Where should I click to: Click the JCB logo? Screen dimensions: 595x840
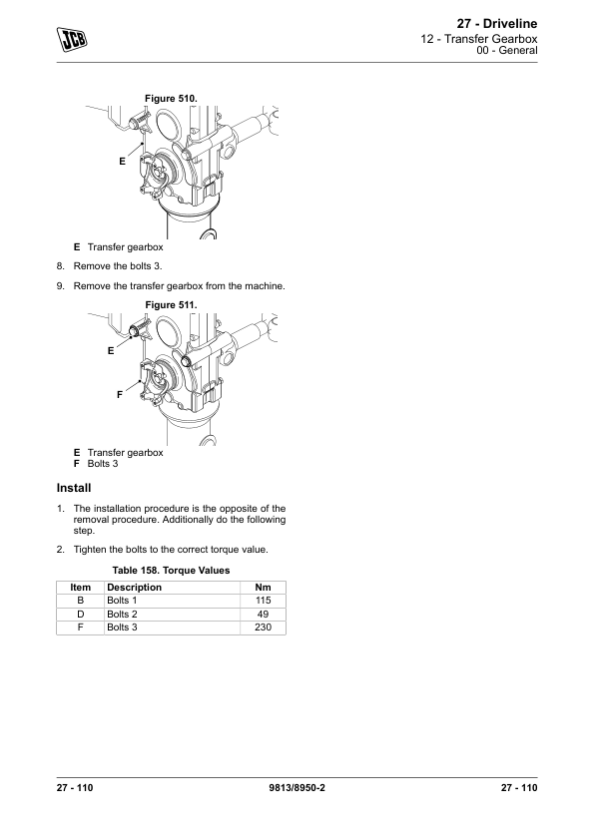pos(72,39)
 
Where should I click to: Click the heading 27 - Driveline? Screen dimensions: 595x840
pos(497,24)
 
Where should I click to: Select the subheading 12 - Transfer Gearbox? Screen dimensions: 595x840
pos(478,39)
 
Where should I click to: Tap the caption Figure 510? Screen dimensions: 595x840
pos(171,99)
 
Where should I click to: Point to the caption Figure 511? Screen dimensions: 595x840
pos(171,305)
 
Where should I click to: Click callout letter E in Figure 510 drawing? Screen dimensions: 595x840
pos(122,162)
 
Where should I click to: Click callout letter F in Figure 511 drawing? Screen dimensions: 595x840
pos(120,395)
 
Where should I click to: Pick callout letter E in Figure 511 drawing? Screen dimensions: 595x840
pos(111,351)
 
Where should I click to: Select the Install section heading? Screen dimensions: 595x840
pos(74,488)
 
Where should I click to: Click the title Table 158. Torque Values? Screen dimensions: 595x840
pos(171,571)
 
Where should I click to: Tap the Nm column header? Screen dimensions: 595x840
pos(263,588)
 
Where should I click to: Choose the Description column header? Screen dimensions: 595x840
pos(134,588)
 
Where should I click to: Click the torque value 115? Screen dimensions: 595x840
pos(263,601)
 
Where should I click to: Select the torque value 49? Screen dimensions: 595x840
pos(263,614)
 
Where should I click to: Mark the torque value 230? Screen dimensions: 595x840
pos(263,628)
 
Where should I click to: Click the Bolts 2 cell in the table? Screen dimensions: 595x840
pos(122,614)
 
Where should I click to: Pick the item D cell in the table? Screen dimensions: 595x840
pos(81,614)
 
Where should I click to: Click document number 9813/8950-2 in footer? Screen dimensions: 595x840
pos(297,787)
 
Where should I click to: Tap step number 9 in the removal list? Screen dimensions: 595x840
pos(61,286)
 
